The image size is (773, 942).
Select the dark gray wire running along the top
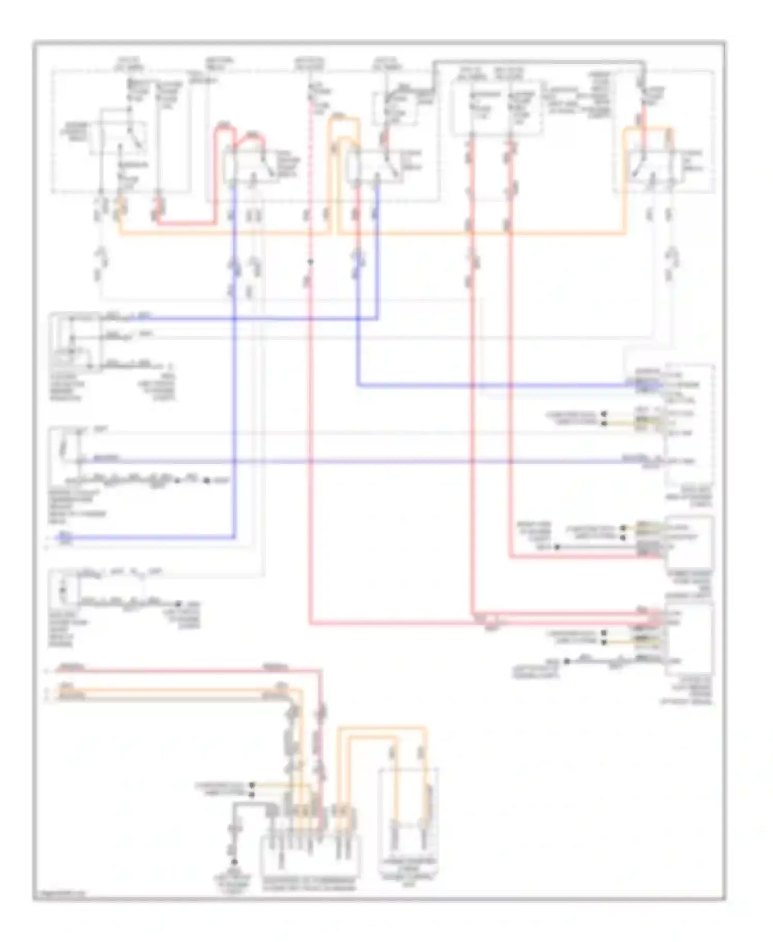536,62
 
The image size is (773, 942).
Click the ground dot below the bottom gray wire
234,862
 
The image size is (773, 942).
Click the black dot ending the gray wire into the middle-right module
557,547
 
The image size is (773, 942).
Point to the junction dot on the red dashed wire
310,262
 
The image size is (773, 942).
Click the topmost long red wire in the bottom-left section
180,670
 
